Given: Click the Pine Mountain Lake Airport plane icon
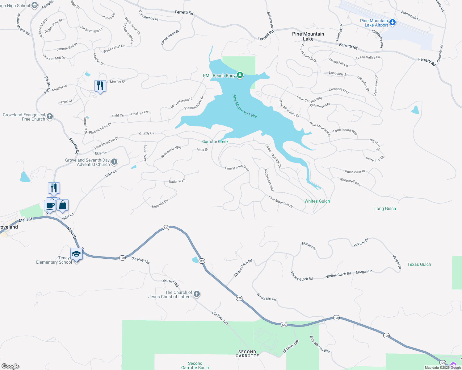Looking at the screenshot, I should (393, 22).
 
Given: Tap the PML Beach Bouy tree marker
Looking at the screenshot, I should (240, 75).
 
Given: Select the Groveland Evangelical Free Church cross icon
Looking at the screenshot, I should (50, 117).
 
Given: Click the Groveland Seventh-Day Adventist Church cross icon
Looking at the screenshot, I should (114, 162).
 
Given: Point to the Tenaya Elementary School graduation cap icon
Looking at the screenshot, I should (76, 254).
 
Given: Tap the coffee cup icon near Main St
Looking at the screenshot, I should (50, 205).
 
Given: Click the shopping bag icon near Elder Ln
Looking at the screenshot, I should (62, 205).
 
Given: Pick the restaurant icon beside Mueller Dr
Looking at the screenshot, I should (100, 86).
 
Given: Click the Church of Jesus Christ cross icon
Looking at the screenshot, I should (196, 294).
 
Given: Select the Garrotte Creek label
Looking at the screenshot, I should (215, 142).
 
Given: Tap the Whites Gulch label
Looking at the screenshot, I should (317, 201).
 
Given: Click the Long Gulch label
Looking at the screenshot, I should (385, 208).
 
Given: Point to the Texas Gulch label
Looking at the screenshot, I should (419, 264).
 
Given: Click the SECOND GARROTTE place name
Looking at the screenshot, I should (247, 354).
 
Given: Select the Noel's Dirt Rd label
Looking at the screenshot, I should (267, 297).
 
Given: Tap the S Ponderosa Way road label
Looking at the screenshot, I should (320, 344).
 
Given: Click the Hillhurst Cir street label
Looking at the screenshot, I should (160, 204).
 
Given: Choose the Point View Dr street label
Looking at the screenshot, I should (355, 171).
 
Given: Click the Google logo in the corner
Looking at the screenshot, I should (10, 366).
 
